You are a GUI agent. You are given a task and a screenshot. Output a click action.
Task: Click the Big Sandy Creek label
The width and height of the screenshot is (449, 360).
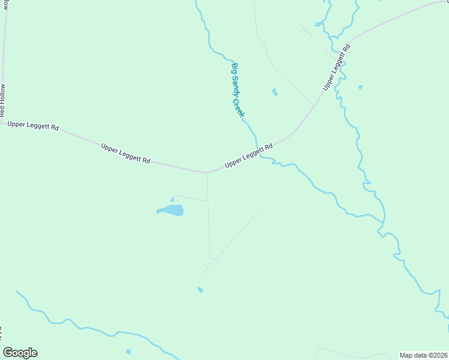(x=238, y=90)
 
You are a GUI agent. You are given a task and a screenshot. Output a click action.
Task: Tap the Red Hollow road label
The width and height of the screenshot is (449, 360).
(x=3, y=100)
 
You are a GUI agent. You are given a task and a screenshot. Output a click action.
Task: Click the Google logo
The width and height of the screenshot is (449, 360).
(x=20, y=353)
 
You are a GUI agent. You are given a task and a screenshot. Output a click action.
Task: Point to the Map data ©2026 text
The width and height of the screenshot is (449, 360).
(x=423, y=355)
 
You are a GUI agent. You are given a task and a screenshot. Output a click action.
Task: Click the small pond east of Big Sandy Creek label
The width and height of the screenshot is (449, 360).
(x=275, y=92)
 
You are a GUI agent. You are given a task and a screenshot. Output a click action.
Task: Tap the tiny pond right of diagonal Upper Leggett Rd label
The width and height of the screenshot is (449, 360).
(x=360, y=88)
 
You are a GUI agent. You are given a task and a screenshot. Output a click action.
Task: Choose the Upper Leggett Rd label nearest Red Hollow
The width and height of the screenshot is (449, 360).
(x=33, y=126)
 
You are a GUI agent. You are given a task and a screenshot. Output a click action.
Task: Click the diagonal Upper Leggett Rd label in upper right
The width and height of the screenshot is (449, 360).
(x=336, y=67)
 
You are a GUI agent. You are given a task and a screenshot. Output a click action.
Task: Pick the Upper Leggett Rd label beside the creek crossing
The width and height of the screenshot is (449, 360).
(x=249, y=155)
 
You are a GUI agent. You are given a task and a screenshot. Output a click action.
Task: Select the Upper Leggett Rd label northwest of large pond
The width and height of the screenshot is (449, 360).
(x=125, y=154)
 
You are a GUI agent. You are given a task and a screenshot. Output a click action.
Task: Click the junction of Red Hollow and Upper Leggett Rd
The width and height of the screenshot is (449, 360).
(x=2, y=122)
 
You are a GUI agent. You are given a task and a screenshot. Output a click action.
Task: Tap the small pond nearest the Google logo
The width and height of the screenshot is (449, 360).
(x=128, y=352)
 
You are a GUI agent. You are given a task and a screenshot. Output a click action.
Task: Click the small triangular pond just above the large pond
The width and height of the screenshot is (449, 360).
(x=172, y=199)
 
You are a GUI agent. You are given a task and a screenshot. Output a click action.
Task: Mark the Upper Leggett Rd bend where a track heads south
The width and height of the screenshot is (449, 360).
(x=207, y=173)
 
